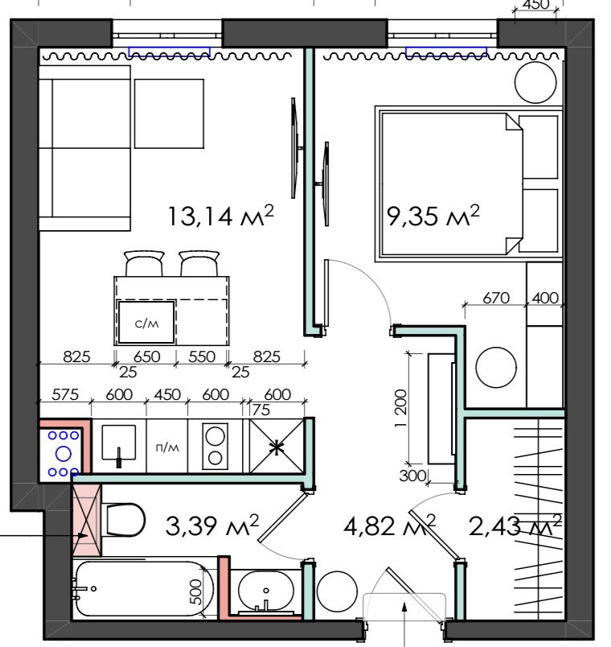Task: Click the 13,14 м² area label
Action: [x=220, y=216]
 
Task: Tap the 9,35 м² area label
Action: [x=433, y=216]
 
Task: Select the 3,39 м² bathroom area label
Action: [x=212, y=525]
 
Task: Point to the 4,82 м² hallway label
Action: [x=389, y=525]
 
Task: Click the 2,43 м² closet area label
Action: [x=515, y=525]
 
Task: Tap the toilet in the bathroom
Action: [x=124, y=520]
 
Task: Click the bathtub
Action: [x=144, y=589]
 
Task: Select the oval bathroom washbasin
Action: [x=266, y=591]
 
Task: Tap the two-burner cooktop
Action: [x=215, y=447]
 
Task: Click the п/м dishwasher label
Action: [x=167, y=447]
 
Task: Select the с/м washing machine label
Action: [x=147, y=324]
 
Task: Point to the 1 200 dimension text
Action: [x=400, y=409]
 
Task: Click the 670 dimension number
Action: [x=496, y=298]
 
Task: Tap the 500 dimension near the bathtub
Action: [x=197, y=591]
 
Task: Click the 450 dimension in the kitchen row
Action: [x=167, y=394]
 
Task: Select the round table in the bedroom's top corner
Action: [x=535, y=83]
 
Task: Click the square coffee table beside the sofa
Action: [x=169, y=113]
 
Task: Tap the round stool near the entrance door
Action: [x=337, y=591]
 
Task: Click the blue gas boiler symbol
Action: [x=63, y=454]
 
